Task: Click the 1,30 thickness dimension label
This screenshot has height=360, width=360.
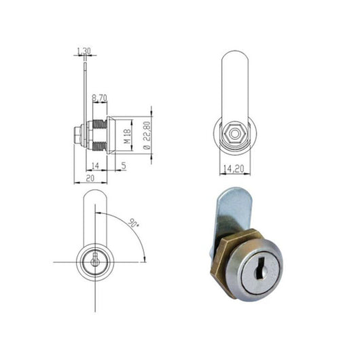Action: (x=84, y=51)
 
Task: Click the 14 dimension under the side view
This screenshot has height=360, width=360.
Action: (x=94, y=166)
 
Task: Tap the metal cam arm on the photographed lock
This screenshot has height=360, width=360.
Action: (x=228, y=211)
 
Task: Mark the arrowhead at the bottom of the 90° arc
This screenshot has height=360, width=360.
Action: (x=145, y=259)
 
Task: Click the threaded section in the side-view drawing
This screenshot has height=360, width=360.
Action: (x=100, y=134)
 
